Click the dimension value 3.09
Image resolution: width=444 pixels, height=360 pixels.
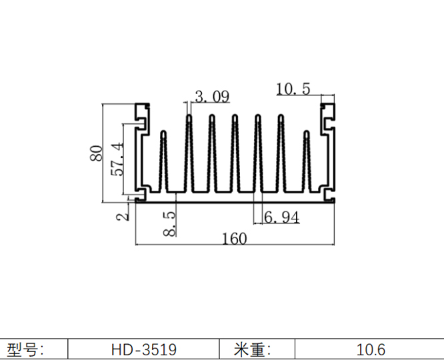212,97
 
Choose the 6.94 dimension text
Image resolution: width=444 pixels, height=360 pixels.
281,217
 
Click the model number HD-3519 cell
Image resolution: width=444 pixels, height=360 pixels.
144,349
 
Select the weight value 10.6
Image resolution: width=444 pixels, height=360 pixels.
371,349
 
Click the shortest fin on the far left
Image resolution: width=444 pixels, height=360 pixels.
163,160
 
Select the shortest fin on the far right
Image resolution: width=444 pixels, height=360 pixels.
307,160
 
